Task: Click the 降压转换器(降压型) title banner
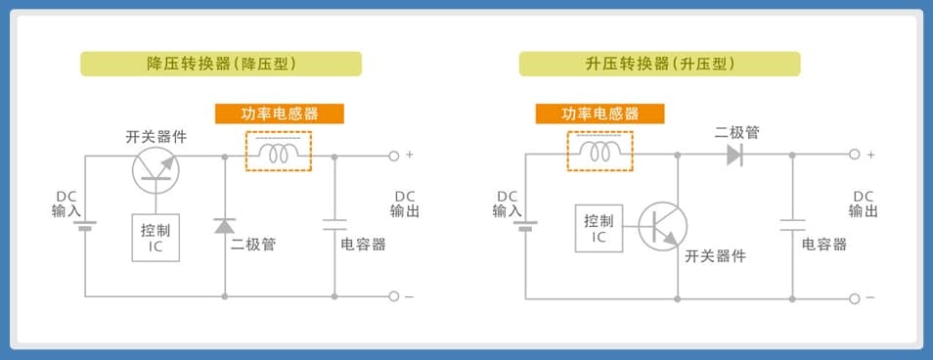tap(221, 64)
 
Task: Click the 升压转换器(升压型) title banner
tap(659, 64)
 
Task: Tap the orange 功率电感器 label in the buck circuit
tap(280, 113)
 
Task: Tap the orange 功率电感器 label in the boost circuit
tap(600, 113)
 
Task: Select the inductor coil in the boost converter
tap(600, 153)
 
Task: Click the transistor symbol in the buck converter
tap(155, 169)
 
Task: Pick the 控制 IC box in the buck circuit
tap(155, 238)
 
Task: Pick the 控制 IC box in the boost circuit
tap(600, 229)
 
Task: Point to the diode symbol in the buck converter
tap(224, 226)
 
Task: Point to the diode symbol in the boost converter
tap(734, 155)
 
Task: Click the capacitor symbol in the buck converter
tap(334, 224)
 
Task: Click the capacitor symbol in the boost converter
tap(792, 225)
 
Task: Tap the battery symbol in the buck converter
tap(85, 226)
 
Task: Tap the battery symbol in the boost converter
tap(525, 226)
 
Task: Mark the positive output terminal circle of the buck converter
tap(393, 156)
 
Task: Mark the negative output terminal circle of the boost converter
tap(855, 298)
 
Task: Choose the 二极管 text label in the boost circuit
tap(736, 133)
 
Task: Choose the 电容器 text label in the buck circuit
tap(363, 244)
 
